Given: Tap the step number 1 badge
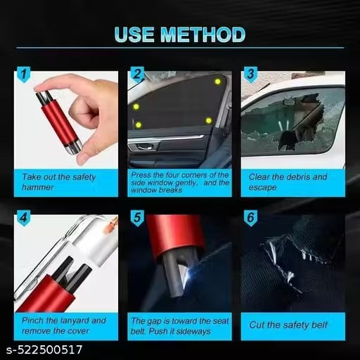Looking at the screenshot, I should coord(23,73).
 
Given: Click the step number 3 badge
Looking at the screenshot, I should coord(249,73).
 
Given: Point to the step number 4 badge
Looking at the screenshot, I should coord(24,218).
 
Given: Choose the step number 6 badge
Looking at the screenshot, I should coord(250,218).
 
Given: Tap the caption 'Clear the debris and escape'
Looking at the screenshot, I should coord(292,181).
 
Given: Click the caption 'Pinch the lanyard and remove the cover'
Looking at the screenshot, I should coord(63,324).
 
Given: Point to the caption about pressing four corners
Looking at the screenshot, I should coord(179,181).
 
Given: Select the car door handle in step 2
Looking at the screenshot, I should coord(143,148).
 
